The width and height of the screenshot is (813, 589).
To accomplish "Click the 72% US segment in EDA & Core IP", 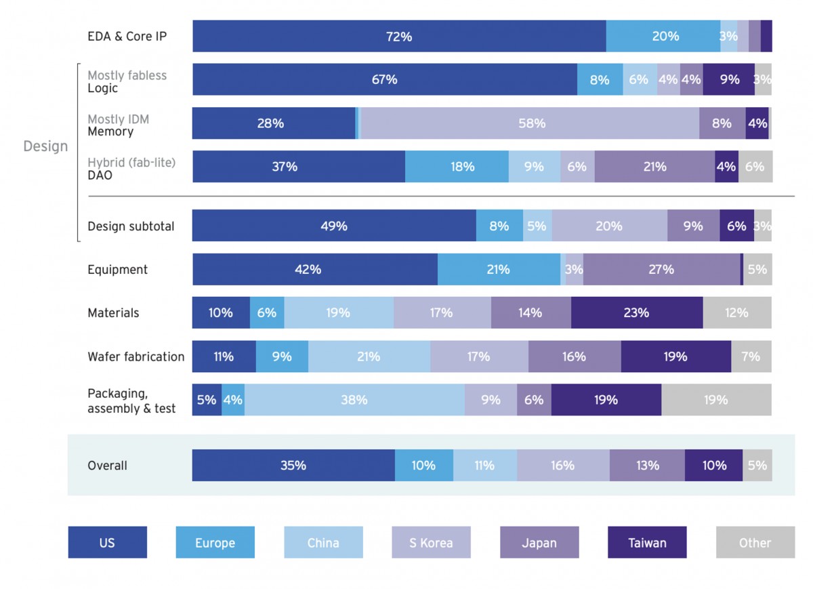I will pyautogui.click(x=399, y=37).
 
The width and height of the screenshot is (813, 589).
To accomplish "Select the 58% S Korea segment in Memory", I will pyautogui.click(x=531, y=123).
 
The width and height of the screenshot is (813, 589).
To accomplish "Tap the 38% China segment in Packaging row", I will pyautogui.click(x=354, y=400).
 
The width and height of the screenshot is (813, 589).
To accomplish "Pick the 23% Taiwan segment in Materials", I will pyautogui.click(x=636, y=313).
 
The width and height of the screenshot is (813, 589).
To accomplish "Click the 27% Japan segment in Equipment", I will pyautogui.click(x=661, y=270).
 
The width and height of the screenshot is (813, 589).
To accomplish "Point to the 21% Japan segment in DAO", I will pyautogui.click(x=654, y=167).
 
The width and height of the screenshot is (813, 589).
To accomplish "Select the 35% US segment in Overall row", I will pyautogui.click(x=293, y=466).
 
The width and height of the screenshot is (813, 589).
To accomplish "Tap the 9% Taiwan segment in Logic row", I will pyautogui.click(x=729, y=80).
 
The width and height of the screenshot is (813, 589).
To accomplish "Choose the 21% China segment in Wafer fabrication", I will pyautogui.click(x=369, y=357).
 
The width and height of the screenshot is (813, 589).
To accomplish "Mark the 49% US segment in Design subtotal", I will pyautogui.click(x=334, y=226).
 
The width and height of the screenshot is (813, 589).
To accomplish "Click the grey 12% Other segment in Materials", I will pyautogui.click(x=737, y=313).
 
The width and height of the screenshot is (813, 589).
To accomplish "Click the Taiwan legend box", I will pyautogui.click(x=647, y=543).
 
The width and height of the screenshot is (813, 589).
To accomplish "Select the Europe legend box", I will pyautogui.click(x=215, y=543).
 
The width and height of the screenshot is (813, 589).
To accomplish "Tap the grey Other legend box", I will pyautogui.click(x=755, y=543).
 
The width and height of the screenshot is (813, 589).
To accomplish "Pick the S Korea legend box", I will pyautogui.click(x=431, y=543).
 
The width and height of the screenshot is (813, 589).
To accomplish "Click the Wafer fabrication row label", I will pyautogui.click(x=135, y=357).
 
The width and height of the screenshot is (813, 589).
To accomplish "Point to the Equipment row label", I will pyautogui.click(x=117, y=270).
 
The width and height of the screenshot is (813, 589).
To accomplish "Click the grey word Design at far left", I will pyautogui.click(x=45, y=146).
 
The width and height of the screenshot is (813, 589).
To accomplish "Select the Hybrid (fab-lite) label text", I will pyautogui.click(x=131, y=163).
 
